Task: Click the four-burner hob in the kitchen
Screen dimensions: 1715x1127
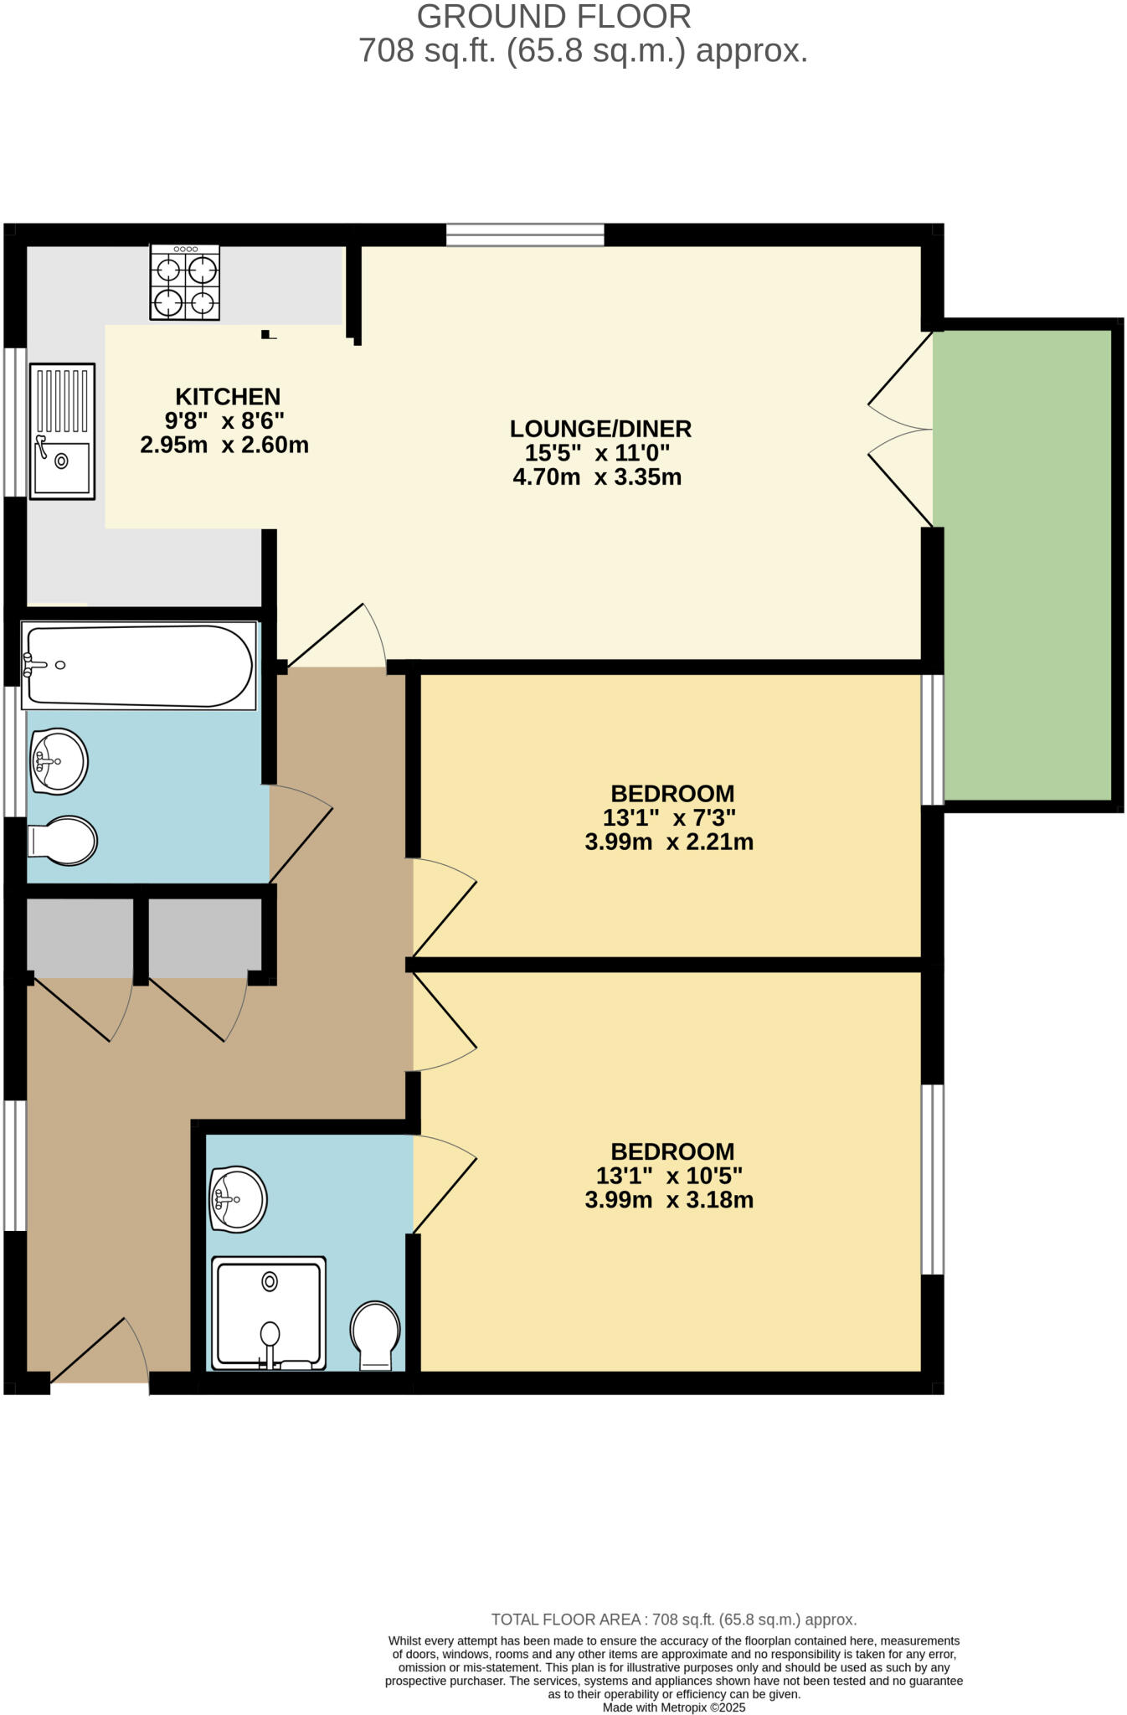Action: (x=185, y=282)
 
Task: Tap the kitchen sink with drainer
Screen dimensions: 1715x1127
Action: (x=62, y=431)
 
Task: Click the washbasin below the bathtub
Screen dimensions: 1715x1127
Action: (x=59, y=760)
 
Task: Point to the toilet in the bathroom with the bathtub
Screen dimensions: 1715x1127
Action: (x=63, y=840)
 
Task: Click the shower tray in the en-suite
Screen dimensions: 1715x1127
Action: (x=268, y=1312)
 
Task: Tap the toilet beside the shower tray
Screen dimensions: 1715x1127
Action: (x=375, y=1335)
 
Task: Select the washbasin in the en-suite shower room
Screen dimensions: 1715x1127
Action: (x=239, y=1199)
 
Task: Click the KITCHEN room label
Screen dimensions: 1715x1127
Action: (x=228, y=397)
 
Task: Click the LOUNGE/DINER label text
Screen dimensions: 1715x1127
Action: (x=600, y=429)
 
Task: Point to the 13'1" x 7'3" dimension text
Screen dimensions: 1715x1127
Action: (x=669, y=817)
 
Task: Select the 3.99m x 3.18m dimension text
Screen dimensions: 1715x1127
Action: (x=669, y=1200)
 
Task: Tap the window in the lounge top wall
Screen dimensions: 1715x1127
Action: (x=525, y=234)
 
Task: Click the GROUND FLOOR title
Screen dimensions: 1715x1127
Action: (x=553, y=17)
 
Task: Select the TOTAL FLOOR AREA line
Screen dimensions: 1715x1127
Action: (x=673, y=1620)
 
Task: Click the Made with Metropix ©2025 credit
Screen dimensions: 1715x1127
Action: (x=673, y=1707)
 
